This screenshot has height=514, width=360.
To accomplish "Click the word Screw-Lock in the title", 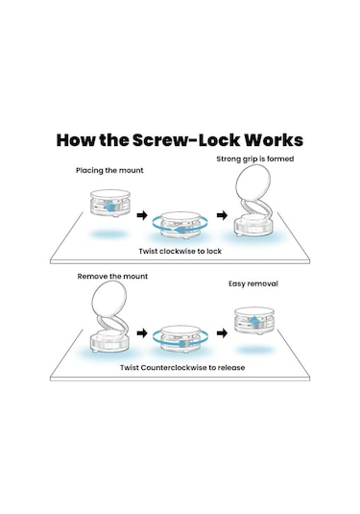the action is (186, 140).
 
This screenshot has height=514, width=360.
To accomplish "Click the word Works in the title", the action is (274, 140).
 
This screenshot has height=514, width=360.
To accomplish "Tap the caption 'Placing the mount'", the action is (109, 170).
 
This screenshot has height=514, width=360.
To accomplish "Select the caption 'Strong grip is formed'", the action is (254, 159).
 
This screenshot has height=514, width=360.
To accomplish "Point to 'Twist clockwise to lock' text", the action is (180, 251).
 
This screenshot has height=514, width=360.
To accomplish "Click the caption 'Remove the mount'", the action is (112, 277).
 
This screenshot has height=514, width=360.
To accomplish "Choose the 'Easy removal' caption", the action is (253, 283).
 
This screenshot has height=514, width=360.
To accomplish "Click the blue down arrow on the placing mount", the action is (109, 207).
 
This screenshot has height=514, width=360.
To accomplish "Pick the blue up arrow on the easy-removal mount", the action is (253, 321).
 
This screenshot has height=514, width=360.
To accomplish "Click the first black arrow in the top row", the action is (142, 215).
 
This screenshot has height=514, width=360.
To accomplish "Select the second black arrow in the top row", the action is (222, 215).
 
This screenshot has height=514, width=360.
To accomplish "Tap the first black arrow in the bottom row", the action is (142, 333).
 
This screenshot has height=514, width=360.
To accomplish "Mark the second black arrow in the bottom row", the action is (222, 333).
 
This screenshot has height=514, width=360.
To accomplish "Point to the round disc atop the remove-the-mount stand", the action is (109, 298).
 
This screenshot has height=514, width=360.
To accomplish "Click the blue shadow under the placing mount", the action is (108, 234).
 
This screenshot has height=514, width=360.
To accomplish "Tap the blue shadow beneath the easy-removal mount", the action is (254, 350).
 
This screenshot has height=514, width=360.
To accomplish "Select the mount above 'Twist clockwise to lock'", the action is (180, 225).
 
